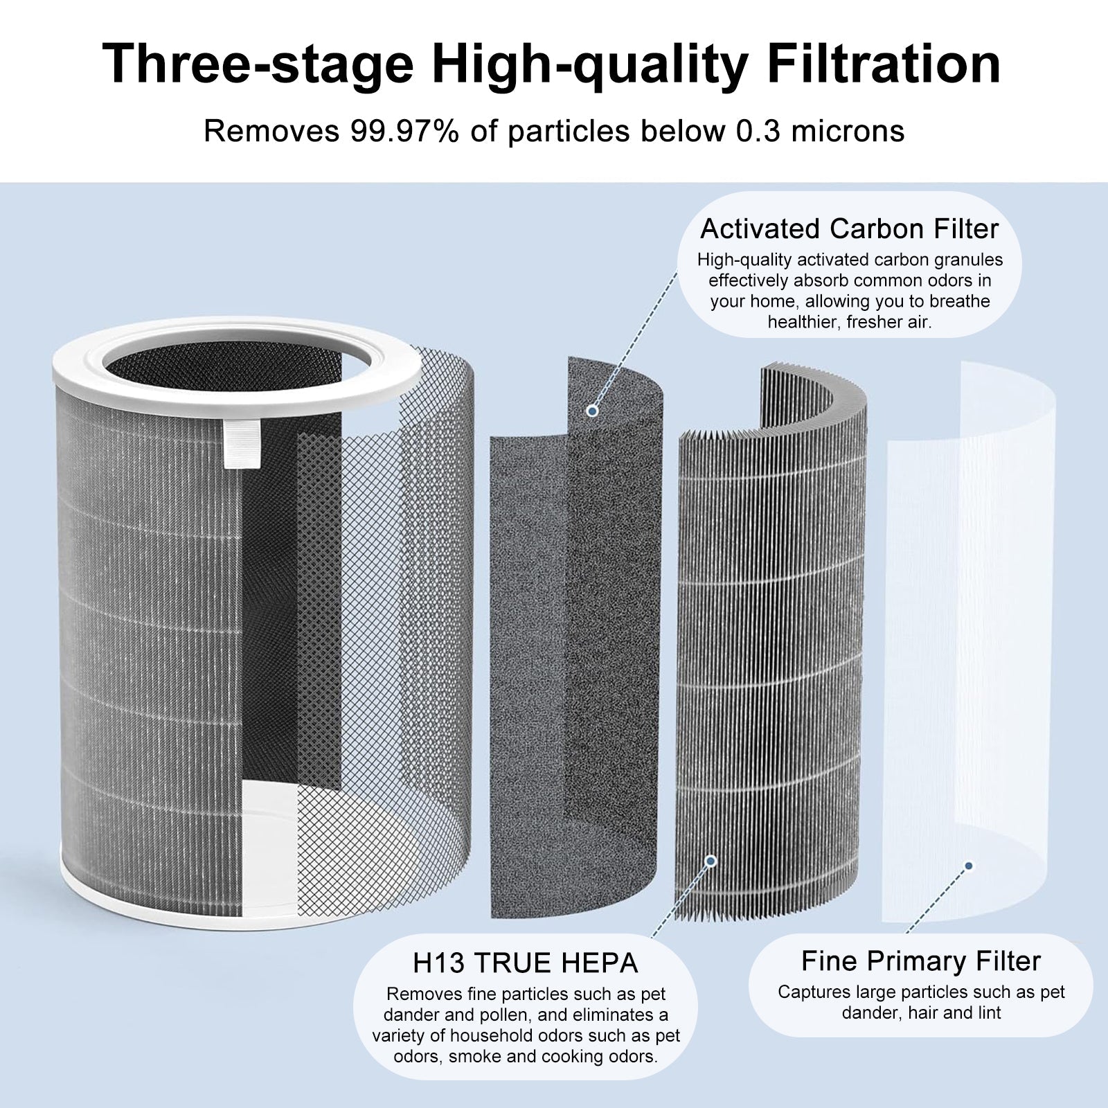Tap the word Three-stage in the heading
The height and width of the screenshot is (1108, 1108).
pyautogui.click(x=258, y=64)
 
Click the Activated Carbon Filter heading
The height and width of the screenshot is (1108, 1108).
pyautogui.click(x=850, y=229)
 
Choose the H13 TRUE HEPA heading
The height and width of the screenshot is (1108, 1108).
pyautogui.click(x=525, y=963)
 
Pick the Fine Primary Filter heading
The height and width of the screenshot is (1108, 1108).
pyautogui.click(x=920, y=961)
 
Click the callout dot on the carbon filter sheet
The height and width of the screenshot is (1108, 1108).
pyautogui.click(x=592, y=411)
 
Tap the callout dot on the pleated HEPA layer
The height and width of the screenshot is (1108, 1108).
pyautogui.click(x=710, y=861)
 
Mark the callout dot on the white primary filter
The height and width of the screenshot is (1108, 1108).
pyautogui.click(x=969, y=866)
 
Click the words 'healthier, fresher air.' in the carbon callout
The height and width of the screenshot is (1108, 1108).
pyautogui.click(x=850, y=322)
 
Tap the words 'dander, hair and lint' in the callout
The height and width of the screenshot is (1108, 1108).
pyautogui.click(x=921, y=1013)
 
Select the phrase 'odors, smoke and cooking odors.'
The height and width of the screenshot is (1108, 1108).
pyautogui.click(x=526, y=1057)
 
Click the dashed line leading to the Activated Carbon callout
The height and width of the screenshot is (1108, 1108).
pyautogui.click(x=634, y=339)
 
